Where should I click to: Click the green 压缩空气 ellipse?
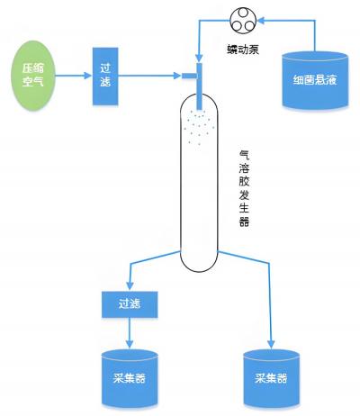[x=33, y=76]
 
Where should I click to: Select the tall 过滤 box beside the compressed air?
[x=105, y=77]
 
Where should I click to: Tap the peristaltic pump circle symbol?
[x=243, y=20]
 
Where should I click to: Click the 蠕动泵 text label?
[x=243, y=50]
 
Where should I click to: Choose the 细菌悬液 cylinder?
[x=315, y=80]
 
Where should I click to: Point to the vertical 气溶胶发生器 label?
[x=244, y=189]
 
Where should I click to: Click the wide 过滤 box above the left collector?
[x=130, y=304]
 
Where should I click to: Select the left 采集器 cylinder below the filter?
[x=130, y=379]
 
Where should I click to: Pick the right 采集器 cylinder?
[x=271, y=379]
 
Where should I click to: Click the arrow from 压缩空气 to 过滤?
[x=74, y=76]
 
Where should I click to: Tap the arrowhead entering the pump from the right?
[x=261, y=21]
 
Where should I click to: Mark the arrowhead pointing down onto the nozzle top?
[x=199, y=58]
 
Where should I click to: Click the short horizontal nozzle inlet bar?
[x=189, y=76]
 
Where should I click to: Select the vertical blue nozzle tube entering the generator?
[x=199, y=86]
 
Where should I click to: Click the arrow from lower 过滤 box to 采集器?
[x=130, y=333]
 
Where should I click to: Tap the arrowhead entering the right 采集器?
[x=271, y=345]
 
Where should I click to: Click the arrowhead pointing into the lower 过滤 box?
[x=130, y=286]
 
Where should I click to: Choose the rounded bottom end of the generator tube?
[x=199, y=263]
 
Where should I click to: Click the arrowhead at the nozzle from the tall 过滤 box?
[x=177, y=76]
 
